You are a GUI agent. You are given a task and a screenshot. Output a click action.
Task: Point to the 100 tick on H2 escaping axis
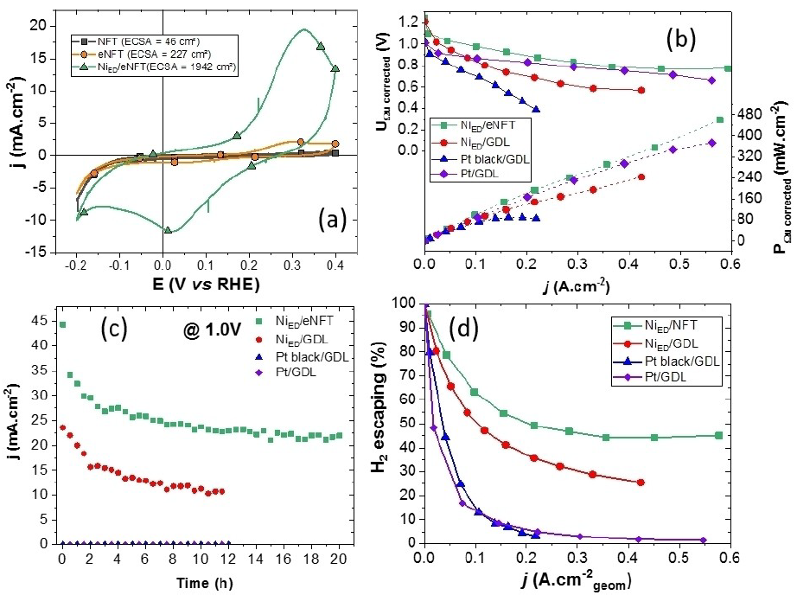(405, 304)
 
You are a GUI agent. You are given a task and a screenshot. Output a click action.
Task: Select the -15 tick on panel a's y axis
(37, 252)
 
